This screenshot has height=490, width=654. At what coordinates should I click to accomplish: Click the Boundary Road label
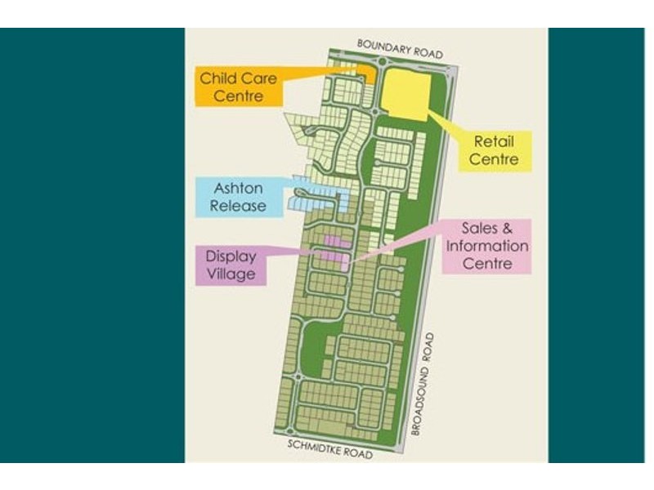[400, 47]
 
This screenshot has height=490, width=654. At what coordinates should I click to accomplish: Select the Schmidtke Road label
[330, 448]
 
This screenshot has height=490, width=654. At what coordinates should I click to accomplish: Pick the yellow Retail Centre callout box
[494, 150]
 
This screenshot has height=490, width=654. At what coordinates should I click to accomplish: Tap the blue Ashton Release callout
[238, 197]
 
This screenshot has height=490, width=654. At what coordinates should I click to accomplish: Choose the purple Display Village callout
[231, 265]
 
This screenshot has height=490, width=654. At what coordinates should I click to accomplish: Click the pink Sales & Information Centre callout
[486, 245]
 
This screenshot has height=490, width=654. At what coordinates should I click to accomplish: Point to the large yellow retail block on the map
[407, 92]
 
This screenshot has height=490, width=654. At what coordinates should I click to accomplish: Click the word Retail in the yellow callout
[494, 141]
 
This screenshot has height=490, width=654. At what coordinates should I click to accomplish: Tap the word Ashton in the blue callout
[238, 189]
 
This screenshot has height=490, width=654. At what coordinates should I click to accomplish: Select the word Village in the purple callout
[231, 274]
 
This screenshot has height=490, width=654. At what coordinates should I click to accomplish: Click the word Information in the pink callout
[486, 246]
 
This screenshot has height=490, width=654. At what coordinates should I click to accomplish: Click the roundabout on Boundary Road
[382, 61]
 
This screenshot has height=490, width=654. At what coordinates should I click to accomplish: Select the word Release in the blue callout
[238, 206]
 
